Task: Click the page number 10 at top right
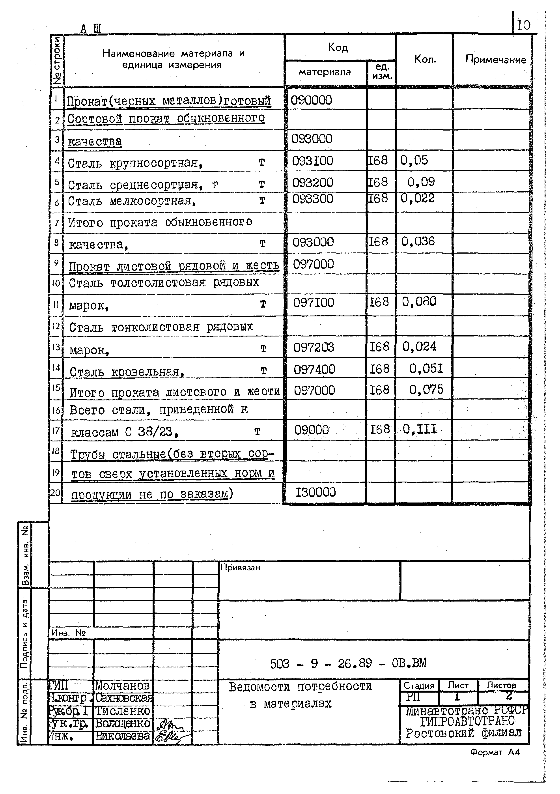pyautogui.click(x=523, y=25)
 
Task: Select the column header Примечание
pyautogui.click(x=495, y=60)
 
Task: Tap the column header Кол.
pyautogui.click(x=425, y=60)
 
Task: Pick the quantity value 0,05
pyautogui.click(x=414, y=160)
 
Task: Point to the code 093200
pyautogui.click(x=312, y=183)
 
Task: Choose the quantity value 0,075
pyautogui.click(x=426, y=390)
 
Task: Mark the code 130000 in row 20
pyautogui.click(x=315, y=492)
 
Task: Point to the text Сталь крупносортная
pyautogui.click(x=135, y=163)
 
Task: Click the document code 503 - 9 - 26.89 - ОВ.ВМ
pyautogui.click(x=348, y=663)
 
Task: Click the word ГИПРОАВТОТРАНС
pyautogui.click(x=467, y=721)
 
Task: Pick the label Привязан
pyautogui.click(x=240, y=568)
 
